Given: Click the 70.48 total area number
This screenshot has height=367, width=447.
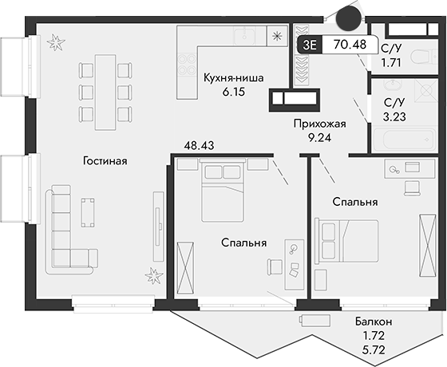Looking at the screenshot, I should [351, 45].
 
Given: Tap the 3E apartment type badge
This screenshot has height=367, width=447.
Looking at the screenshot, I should [309, 45].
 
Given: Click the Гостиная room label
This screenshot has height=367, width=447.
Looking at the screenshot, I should [105, 161].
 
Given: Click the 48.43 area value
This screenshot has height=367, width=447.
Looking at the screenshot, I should [200, 146].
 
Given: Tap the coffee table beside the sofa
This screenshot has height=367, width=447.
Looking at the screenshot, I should [89, 212].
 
